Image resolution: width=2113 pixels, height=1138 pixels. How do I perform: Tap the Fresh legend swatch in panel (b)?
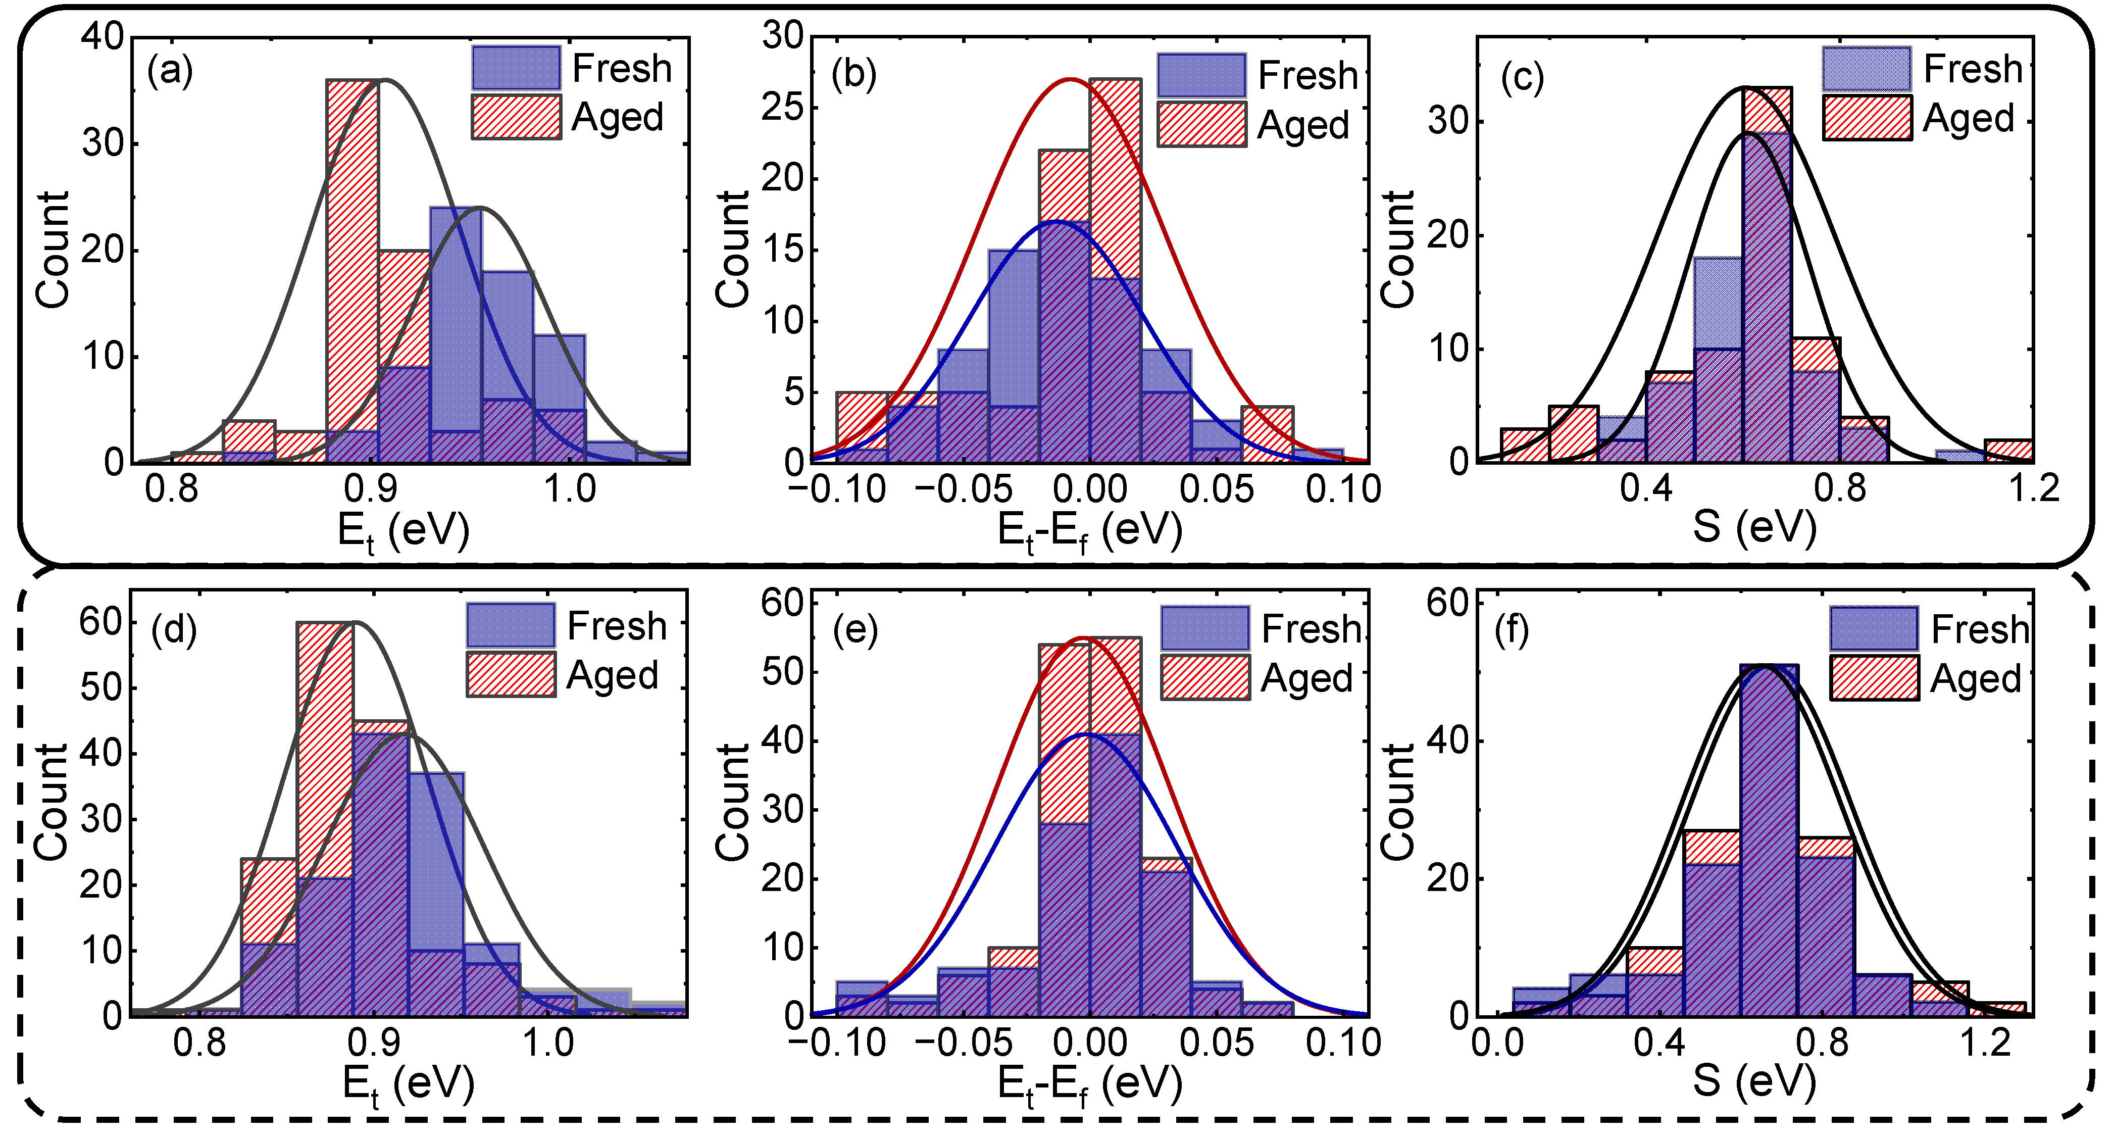coord(1201,75)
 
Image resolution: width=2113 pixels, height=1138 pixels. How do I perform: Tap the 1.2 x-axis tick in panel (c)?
coord(2034,490)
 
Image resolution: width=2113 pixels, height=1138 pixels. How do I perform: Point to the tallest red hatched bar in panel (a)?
coord(352,271)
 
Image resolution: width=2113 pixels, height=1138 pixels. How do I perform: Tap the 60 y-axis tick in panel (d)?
coord(101,622)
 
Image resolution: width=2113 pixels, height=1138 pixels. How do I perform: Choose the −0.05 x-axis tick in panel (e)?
coord(963,1044)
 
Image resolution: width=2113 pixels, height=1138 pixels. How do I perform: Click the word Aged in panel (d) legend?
coord(613,676)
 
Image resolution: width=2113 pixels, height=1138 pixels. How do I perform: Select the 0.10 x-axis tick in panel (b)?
coord(1343,490)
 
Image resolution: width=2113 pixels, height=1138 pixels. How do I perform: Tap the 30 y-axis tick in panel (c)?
coord(1447,122)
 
